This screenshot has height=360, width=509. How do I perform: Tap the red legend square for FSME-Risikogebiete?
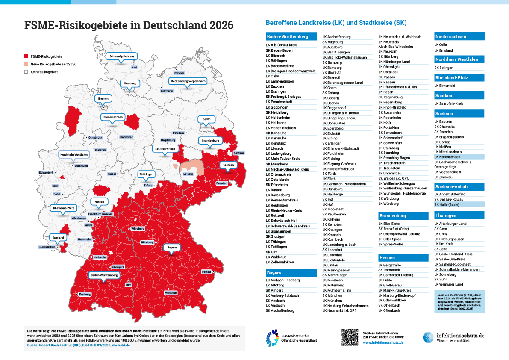(26, 56)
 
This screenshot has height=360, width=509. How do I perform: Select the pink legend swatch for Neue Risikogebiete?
(26, 64)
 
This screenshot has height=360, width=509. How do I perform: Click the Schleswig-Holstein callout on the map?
(122, 56)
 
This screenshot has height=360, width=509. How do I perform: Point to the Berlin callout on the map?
(206, 118)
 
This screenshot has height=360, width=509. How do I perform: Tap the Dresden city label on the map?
(222, 183)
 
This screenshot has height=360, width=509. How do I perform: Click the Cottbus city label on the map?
(239, 153)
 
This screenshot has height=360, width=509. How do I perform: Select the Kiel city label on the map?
(134, 68)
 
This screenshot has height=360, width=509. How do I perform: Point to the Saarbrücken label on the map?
(47, 247)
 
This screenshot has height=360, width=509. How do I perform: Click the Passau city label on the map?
(206, 272)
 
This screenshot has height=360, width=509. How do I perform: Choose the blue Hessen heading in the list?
(403, 257)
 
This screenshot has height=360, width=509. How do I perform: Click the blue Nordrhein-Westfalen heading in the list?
(459, 59)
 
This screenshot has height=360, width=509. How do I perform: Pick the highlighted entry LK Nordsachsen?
(459, 157)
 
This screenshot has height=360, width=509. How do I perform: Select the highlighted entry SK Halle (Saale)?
(459, 205)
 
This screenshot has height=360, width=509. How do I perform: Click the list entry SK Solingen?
(443, 68)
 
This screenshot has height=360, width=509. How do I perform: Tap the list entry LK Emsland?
(444, 50)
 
